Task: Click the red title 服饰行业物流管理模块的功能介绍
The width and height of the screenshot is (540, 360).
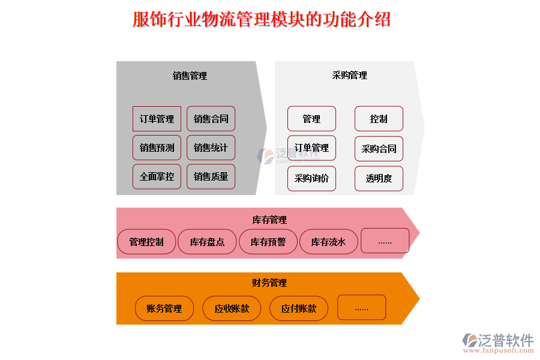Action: [x=262, y=20]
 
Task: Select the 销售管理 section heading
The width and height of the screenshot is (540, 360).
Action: [x=190, y=76]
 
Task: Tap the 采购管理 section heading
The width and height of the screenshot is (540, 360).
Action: [x=349, y=76]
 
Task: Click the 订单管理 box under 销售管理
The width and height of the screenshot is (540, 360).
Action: [x=157, y=119]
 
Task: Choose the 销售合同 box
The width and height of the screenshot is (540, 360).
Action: [x=211, y=119]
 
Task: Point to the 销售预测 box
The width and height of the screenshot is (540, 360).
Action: [x=157, y=148]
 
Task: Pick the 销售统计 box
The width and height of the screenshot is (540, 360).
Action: [x=211, y=148]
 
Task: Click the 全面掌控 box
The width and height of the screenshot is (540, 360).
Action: [x=157, y=176]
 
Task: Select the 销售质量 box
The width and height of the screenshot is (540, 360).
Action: [x=211, y=176]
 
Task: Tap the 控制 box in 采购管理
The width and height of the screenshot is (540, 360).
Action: [x=379, y=119]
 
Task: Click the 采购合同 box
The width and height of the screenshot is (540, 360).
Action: [x=379, y=149]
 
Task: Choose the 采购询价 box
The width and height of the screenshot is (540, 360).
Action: [x=311, y=178]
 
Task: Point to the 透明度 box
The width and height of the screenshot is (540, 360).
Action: [x=379, y=178]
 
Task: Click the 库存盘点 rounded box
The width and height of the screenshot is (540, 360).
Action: [x=207, y=242]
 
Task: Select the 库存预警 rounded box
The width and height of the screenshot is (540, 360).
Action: [x=268, y=242]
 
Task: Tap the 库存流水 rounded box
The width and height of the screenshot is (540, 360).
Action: [x=328, y=242]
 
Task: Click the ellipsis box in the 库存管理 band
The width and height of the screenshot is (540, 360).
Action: [x=385, y=241]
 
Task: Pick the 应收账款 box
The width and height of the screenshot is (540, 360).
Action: [x=232, y=308]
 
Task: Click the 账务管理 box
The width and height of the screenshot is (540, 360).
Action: [x=164, y=308]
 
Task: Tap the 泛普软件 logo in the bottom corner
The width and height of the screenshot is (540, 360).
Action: [x=497, y=341]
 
